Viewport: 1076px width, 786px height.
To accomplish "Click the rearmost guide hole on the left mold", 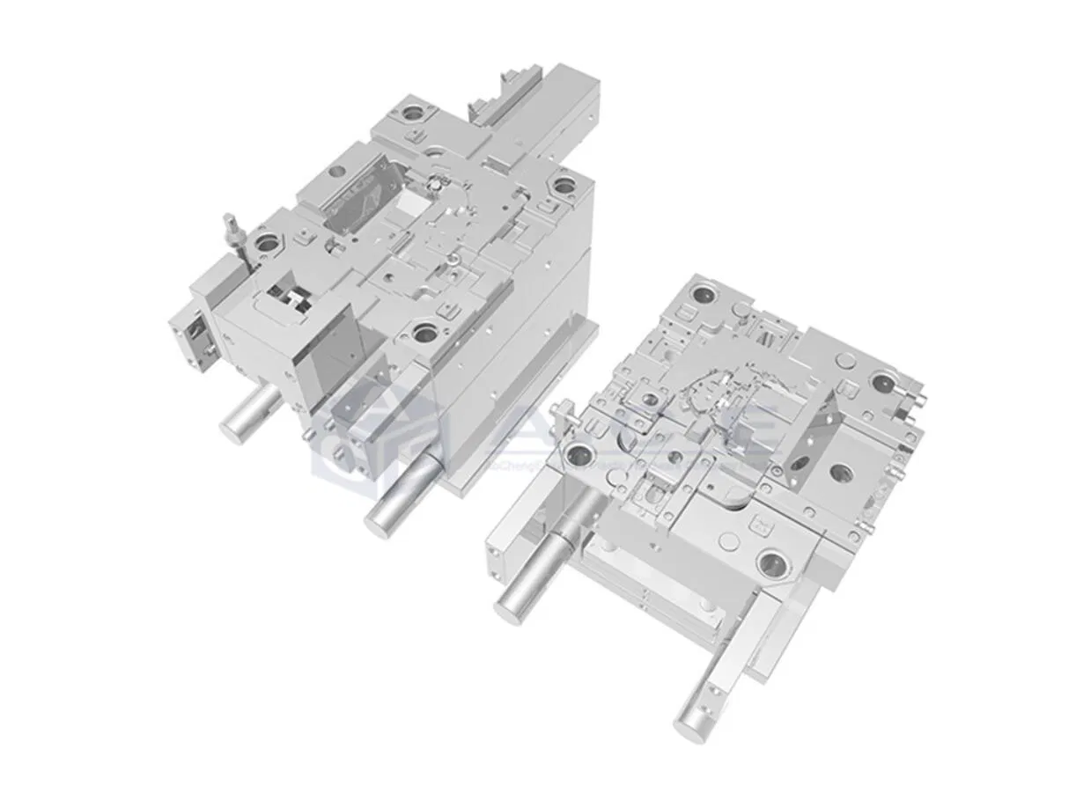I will [x=412, y=113].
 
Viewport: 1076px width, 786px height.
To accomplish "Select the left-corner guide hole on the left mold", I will [x=266, y=240].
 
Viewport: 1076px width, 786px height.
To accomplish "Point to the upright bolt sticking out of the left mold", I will [x=231, y=226].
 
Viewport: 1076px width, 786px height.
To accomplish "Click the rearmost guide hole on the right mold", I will [x=704, y=294].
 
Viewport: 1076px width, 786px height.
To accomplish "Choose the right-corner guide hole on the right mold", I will [x=882, y=382].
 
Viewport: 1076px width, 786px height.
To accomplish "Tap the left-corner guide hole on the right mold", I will [x=582, y=456].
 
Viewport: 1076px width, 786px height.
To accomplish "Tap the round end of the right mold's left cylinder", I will [x=512, y=606].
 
